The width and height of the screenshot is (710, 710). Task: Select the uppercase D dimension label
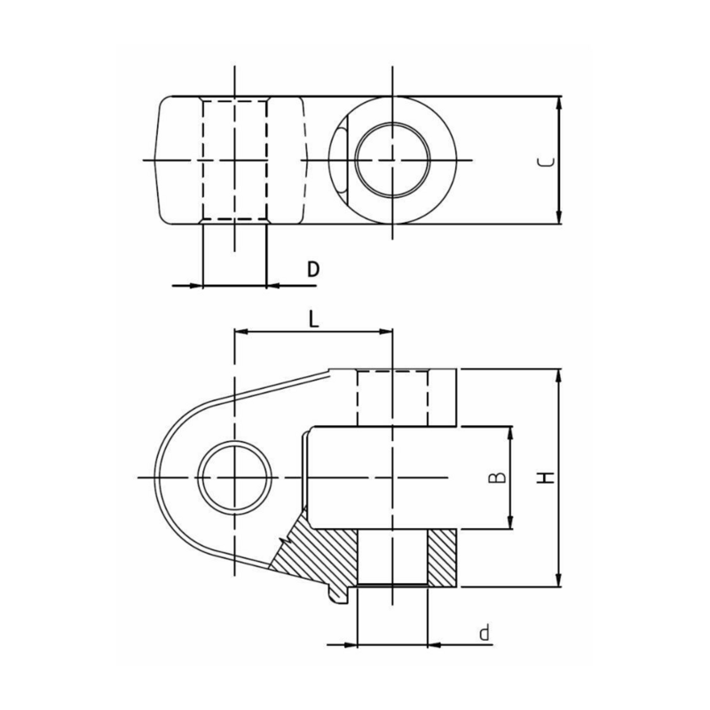click(x=312, y=270)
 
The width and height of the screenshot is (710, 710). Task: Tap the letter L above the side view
click(x=313, y=319)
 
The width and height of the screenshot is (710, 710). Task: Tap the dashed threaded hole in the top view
click(x=234, y=160)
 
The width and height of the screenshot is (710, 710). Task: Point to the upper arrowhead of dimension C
click(x=559, y=103)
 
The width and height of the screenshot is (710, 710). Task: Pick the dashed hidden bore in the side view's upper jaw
click(x=391, y=398)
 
